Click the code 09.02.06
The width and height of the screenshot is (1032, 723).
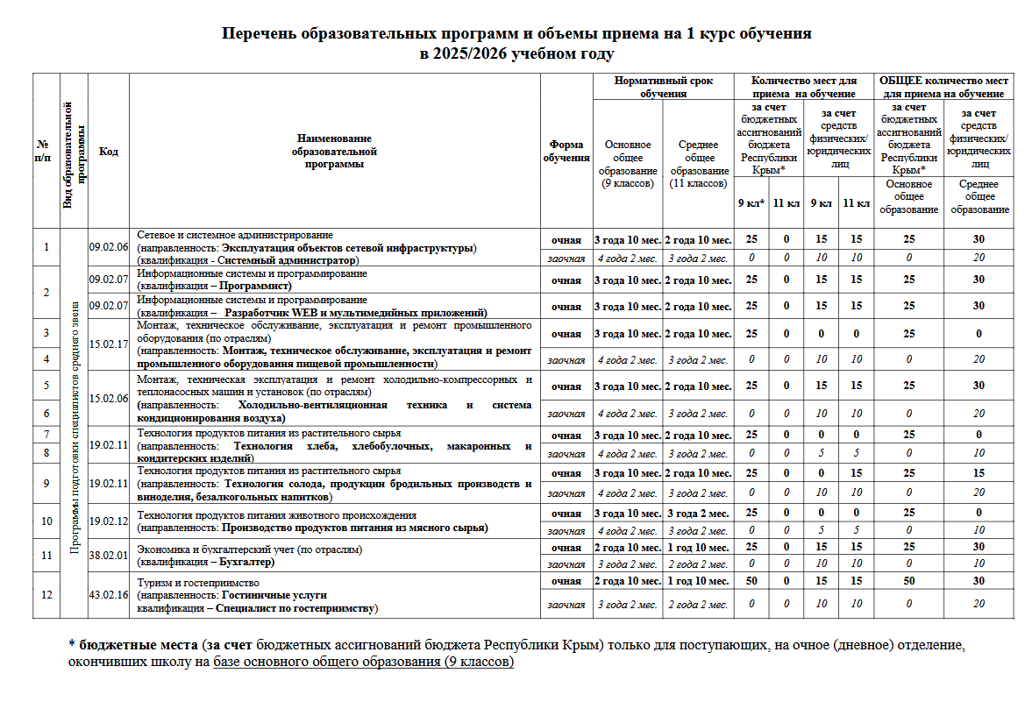point(108,247)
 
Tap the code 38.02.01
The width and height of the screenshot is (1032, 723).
point(108,555)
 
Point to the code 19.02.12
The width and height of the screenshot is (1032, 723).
point(108,521)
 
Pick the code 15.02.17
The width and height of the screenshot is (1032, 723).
point(108,344)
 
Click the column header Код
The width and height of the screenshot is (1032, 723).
point(108,152)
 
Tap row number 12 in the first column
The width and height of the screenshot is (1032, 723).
point(46,595)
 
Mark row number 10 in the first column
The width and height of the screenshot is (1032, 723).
point(46,521)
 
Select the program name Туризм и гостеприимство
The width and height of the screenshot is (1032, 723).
point(200,582)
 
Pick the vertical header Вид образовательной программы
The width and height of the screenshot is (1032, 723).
point(73,152)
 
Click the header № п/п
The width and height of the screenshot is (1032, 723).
point(43,152)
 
